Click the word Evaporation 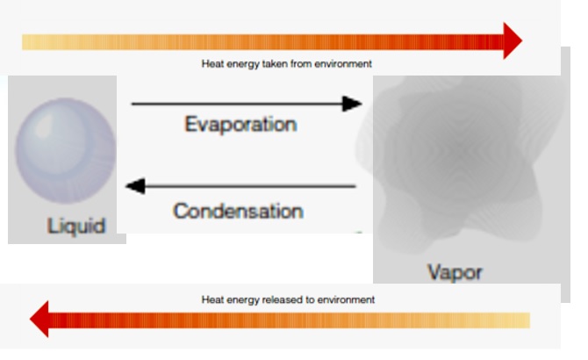coord(240,125)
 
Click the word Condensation coord(238,212)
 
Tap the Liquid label coord(76,226)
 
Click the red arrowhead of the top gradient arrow coord(511,41)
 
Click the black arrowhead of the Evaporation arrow coord(352,104)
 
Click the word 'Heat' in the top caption coord(212,64)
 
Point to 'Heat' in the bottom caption coord(212,299)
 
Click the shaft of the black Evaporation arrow coord(237,104)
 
